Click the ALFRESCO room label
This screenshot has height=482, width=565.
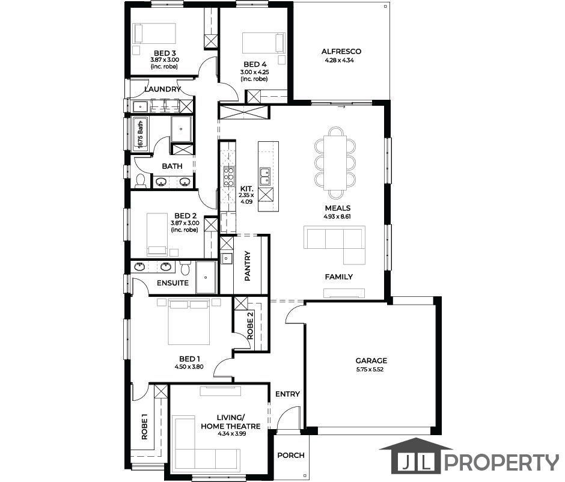341,52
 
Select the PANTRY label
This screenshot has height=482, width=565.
248,266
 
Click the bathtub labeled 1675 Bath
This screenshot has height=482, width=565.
140,133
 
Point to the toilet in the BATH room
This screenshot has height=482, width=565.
140,181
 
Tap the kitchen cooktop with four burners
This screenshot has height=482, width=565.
229,177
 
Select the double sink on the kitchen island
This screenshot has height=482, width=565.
266,177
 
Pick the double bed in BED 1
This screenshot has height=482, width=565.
189,322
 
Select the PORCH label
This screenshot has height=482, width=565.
291,456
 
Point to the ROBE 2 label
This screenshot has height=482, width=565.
250,326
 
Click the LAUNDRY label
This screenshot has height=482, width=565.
162,89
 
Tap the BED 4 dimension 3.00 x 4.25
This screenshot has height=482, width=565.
254,72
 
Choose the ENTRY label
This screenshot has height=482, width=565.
287,394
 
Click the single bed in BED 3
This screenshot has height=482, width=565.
154,34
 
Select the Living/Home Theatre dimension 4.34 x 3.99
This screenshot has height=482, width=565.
231,434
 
